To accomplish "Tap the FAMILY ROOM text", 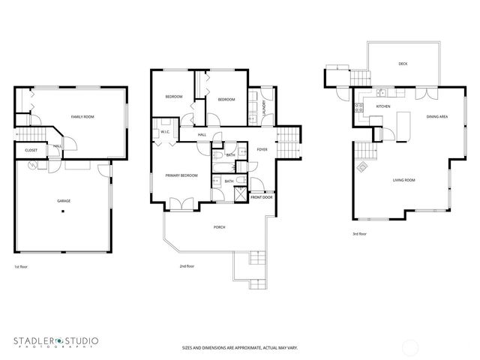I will [82, 117].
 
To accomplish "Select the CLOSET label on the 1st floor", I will [31, 150].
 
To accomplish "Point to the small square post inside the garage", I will [63, 211].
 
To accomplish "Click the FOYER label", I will [262, 149].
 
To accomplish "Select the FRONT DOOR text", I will [262, 196].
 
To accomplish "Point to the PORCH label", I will [219, 226].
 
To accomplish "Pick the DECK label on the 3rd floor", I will [403, 64].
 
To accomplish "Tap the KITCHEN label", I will [382, 106].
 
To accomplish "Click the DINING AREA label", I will [437, 117].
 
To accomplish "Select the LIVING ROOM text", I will [404, 180].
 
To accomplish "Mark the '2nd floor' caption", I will [187, 266].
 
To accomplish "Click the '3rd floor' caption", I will [360, 233].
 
